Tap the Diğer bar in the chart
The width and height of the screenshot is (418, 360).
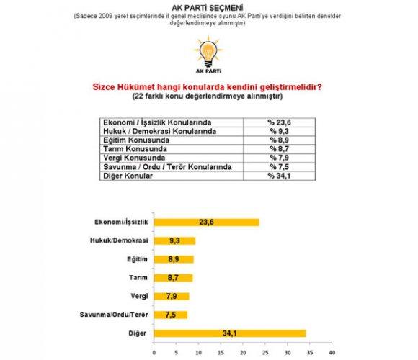click(x=230, y=333)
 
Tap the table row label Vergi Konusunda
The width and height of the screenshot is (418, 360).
click(x=135, y=157)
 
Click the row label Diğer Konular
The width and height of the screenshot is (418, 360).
click(x=130, y=174)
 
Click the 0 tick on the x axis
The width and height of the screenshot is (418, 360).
click(x=154, y=353)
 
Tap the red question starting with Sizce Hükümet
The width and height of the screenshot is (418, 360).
click(x=209, y=87)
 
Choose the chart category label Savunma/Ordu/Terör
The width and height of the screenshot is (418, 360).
click(x=118, y=315)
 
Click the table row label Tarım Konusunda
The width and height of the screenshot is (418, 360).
click(x=135, y=148)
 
